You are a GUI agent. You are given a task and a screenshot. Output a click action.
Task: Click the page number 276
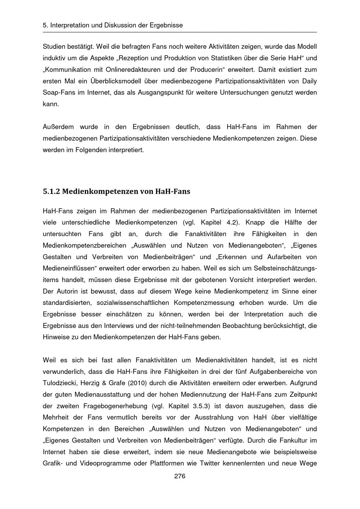click(x=180, y=476)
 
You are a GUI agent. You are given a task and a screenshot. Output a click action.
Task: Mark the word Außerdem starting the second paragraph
click(x=58, y=127)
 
